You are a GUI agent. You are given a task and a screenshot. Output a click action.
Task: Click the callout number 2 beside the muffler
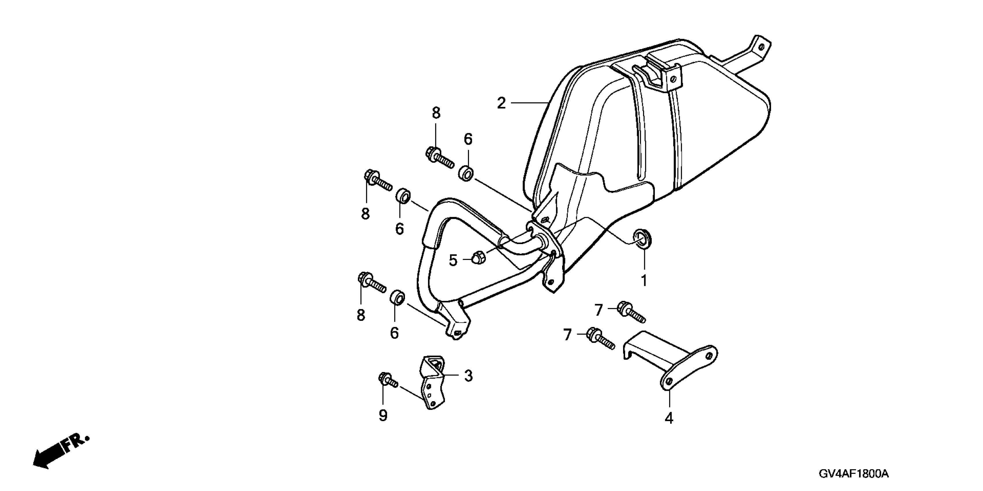[x=501, y=103]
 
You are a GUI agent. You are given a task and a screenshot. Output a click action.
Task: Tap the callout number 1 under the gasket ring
[x=644, y=281]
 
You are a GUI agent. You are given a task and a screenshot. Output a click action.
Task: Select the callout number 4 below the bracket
[x=669, y=419]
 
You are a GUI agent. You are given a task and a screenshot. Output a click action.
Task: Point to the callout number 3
[x=468, y=376]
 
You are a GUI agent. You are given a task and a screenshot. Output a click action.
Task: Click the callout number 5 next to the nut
[x=453, y=261]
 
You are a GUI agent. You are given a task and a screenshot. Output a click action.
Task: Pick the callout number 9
[x=383, y=415]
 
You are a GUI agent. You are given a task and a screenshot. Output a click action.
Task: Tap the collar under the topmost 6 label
[x=466, y=174]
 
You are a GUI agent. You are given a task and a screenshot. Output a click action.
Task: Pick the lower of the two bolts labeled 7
[x=601, y=338]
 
